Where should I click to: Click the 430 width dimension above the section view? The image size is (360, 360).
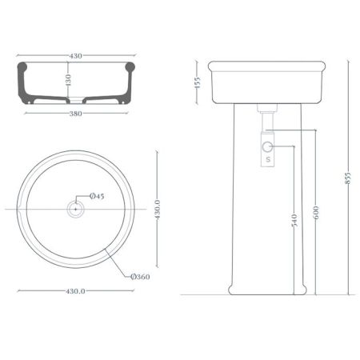(x=75, y=56)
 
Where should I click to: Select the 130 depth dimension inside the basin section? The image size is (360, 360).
(x=69, y=80)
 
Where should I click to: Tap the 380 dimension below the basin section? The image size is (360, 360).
(x=75, y=114)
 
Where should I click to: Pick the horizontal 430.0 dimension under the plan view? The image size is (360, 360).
(x=75, y=291)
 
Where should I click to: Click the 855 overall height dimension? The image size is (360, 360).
(x=347, y=178)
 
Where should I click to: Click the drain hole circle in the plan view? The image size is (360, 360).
(x=75, y=208)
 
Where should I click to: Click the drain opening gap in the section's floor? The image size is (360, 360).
(x=75, y=102)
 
